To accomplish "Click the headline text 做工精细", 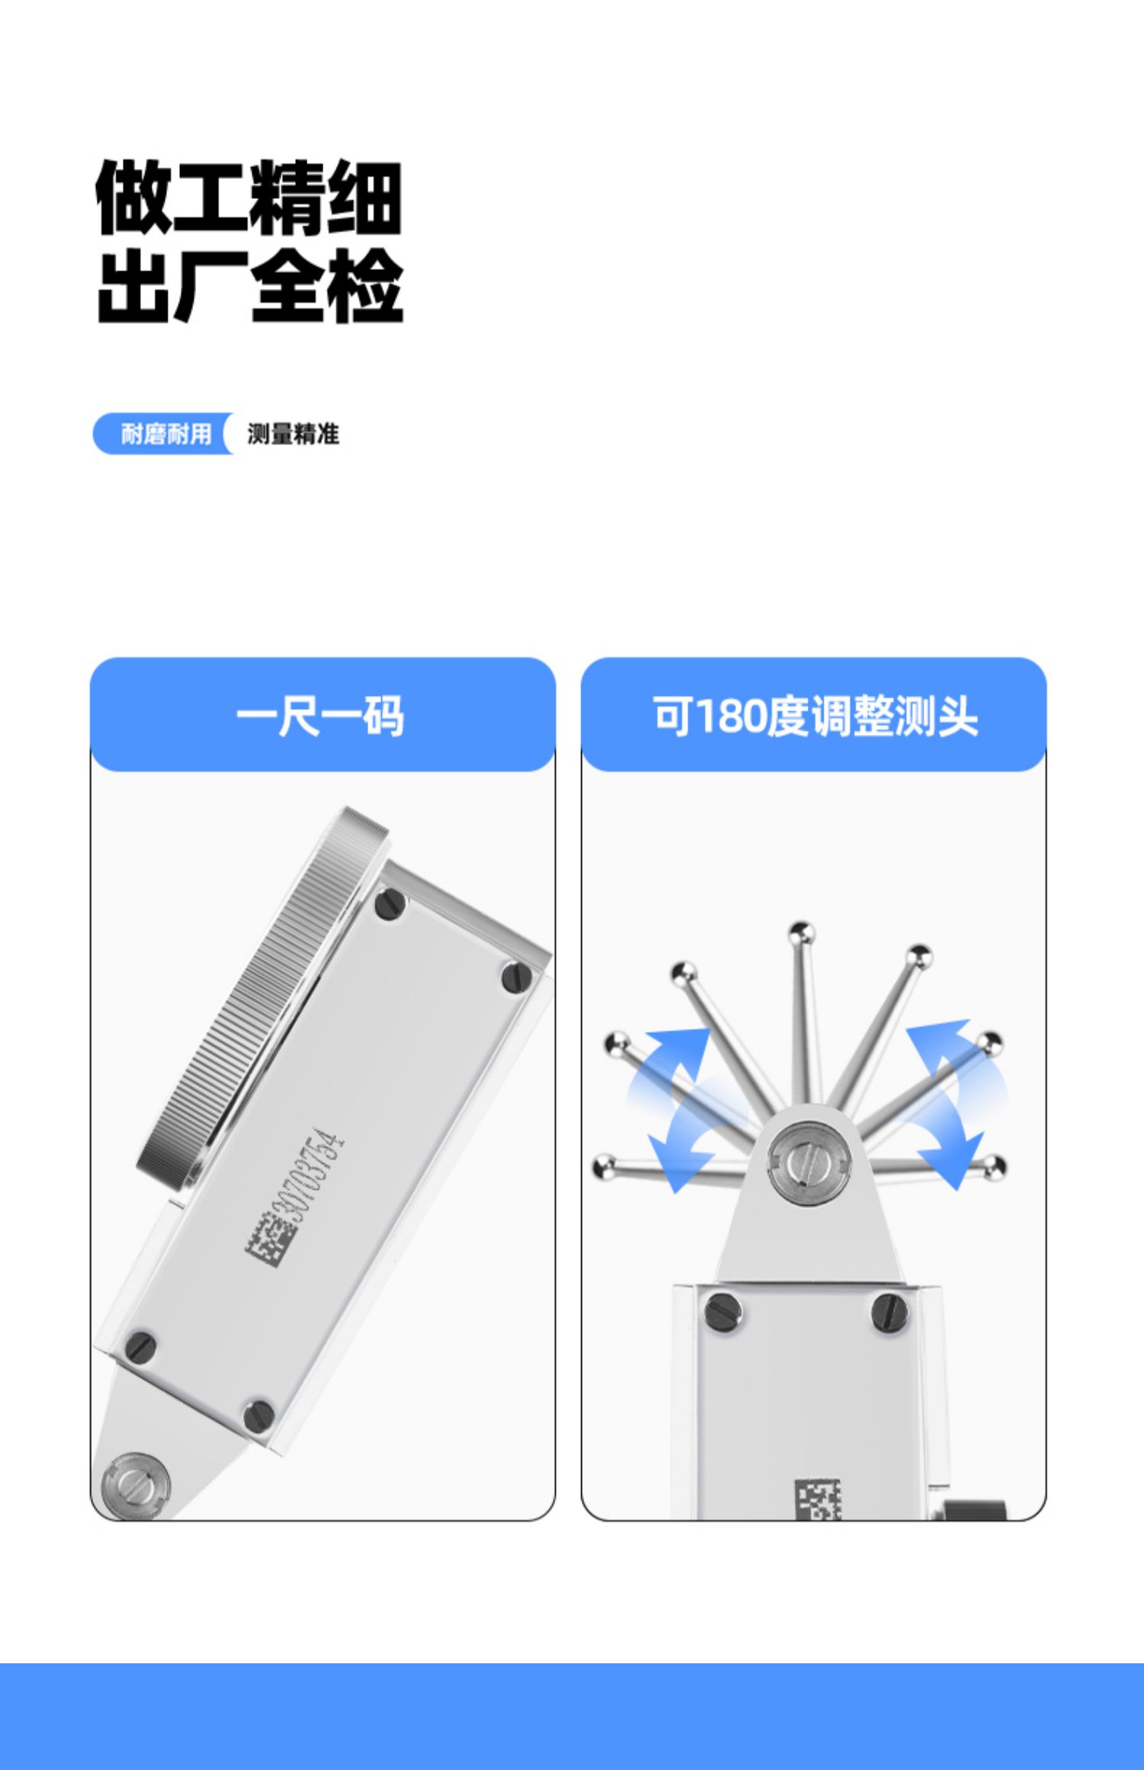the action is [249, 198].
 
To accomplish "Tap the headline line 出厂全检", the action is [250, 286].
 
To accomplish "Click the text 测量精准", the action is [293, 434].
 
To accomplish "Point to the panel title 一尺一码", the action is [320, 716].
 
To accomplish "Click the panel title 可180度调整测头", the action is [815, 717].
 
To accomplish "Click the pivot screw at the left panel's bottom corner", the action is [136, 1485].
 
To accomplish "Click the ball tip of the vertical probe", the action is [801, 932].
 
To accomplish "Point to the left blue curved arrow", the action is [673, 1108].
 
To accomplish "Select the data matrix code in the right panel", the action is [818, 1499].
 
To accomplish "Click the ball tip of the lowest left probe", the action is [604, 1166].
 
